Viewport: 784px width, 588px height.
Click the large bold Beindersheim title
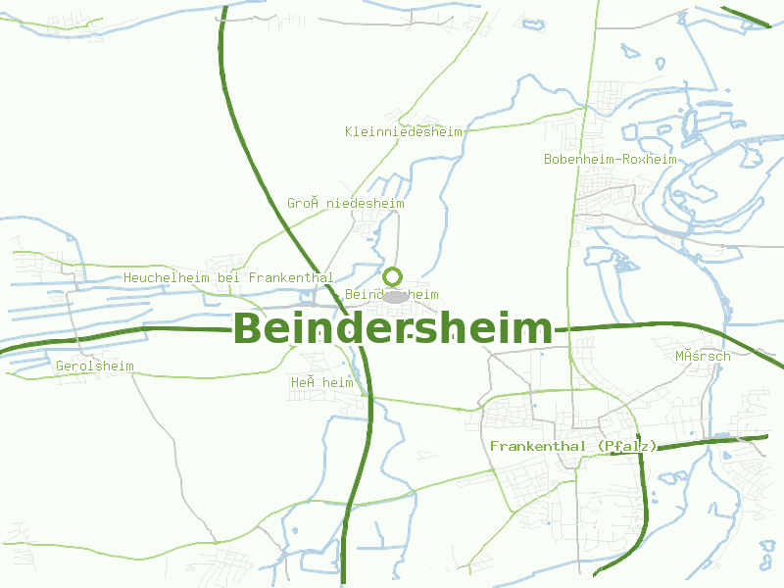coord(393,329)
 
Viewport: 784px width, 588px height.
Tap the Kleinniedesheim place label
coord(404,131)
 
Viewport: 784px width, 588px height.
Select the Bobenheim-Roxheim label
coord(611,159)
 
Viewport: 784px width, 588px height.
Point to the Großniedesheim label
coord(346,203)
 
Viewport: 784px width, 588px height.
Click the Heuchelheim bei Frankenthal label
coord(228,277)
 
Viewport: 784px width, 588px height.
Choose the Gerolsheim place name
coord(95,366)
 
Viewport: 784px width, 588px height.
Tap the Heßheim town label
coord(321,382)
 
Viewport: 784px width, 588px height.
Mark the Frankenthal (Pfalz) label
coord(573,446)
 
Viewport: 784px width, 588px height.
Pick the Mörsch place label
coord(703,356)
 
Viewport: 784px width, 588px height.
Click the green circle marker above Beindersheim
coord(393,276)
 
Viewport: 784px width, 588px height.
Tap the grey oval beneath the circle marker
coord(394,296)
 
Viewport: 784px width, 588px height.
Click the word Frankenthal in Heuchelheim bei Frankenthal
coord(292,277)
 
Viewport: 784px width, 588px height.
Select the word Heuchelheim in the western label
coord(167,277)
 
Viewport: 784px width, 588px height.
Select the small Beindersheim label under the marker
coord(392,294)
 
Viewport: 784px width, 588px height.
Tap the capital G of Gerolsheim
coord(61,366)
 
